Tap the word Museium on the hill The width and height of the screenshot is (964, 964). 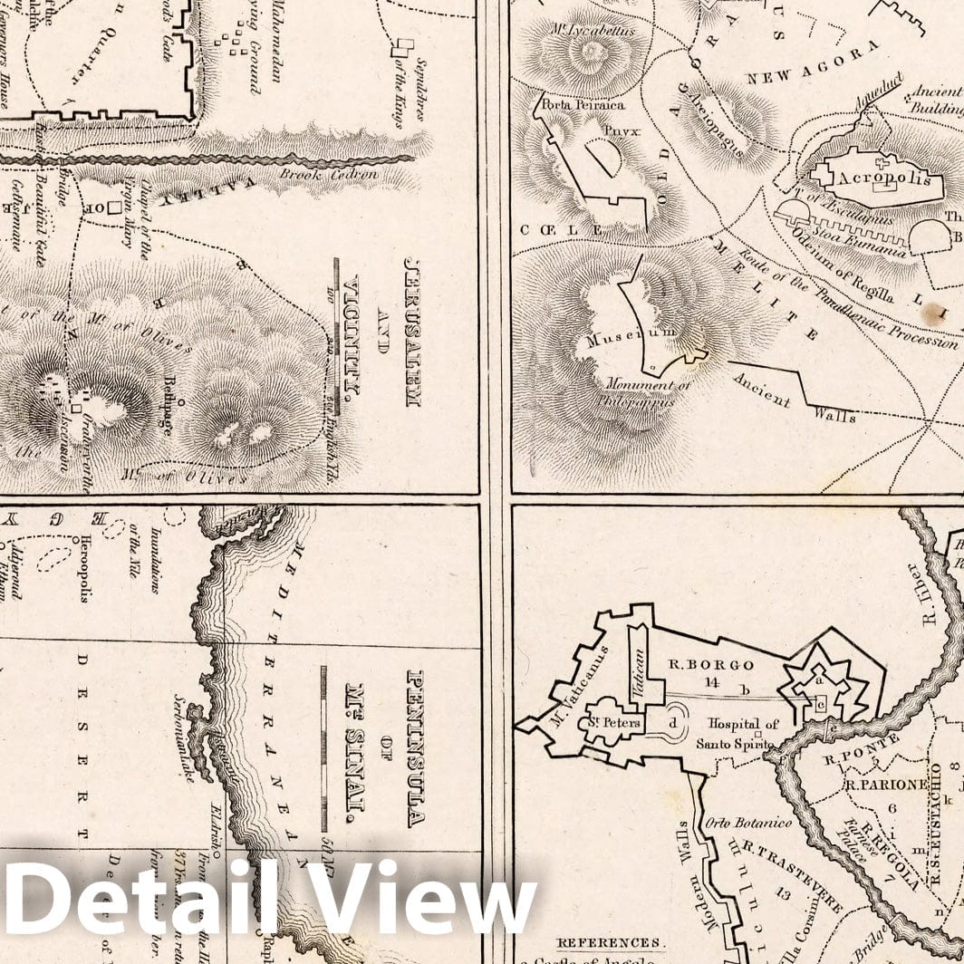[x=632, y=338]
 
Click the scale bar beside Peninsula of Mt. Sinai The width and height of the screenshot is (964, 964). [x=323, y=748]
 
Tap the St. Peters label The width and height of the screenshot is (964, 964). [x=619, y=723]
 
